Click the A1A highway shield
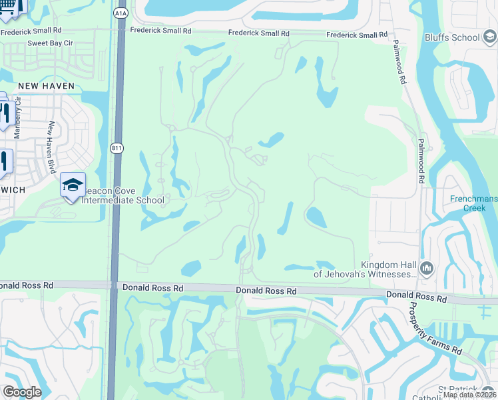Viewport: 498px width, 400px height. tap(121, 13)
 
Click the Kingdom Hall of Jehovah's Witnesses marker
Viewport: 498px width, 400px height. tap(426, 269)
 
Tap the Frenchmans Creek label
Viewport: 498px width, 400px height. tap(473, 203)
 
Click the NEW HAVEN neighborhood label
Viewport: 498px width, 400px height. tap(46, 86)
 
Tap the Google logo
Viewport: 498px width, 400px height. tap(22, 391)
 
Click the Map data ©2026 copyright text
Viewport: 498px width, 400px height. tap(470, 395)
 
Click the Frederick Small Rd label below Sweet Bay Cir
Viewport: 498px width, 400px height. tap(31, 31)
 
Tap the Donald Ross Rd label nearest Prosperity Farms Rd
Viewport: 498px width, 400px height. tap(416, 295)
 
